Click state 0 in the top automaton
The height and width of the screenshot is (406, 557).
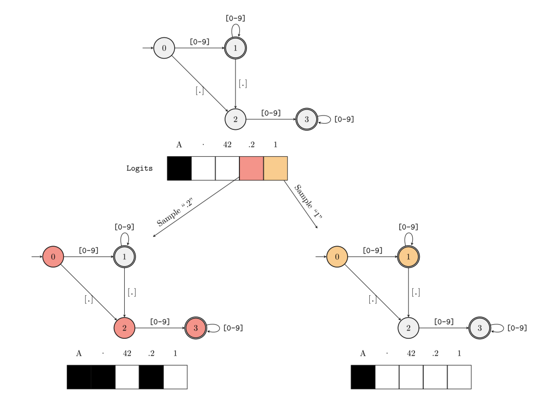pyautogui.click(x=164, y=48)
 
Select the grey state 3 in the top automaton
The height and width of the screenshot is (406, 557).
pyautogui.click(x=307, y=119)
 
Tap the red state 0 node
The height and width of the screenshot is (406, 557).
pyautogui.click(x=53, y=257)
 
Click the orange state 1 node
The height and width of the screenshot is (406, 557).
pyautogui.click(x=408, y=257)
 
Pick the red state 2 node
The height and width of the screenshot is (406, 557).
pyautogui.click(x=124, y=328)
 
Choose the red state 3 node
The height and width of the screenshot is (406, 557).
pyautogui.click(x=196, y=328)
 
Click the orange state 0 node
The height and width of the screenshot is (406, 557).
pyautogui.click(x=337, y=257)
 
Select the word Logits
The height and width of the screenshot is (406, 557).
pyautogui.click(x=139, y=168)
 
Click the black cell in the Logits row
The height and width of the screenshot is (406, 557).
pyautogui.click(x=179, y=168)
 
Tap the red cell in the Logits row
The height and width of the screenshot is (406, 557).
pyautogui.click(x=251, y=168)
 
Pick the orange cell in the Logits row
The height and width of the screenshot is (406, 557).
pyautogui.click(x=275, y=168)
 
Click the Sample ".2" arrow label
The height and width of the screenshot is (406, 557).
pyautogui.click(x=174, y=212)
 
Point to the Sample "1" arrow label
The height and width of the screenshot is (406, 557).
pyautogui.click(x=308, y=201)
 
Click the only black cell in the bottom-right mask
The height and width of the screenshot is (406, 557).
pyautogui.click(x=363, y=377)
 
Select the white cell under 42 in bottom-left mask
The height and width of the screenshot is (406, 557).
pyautogui.click(x=127, y=377)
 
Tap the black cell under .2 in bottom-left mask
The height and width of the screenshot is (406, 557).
pyautogui.click(x=151, y=377)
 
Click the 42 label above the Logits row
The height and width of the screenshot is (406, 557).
pyautogui.click(x=227, y=145)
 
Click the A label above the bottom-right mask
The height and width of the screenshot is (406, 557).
pyautogui.click(x=363, y=353)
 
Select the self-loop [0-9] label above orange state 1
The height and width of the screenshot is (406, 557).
pyautogui.click(x=408, y=227)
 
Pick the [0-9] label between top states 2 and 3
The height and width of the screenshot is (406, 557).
pyautogui.click(x=271, y=113)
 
